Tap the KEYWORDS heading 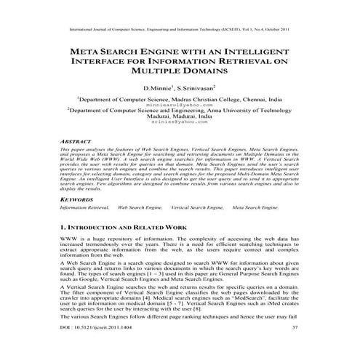pyautogui.click(x=77, y=198)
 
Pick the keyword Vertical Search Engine pyautogui.click(x=197, y=207)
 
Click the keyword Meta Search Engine pyautogui.click(x=255, y=207)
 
